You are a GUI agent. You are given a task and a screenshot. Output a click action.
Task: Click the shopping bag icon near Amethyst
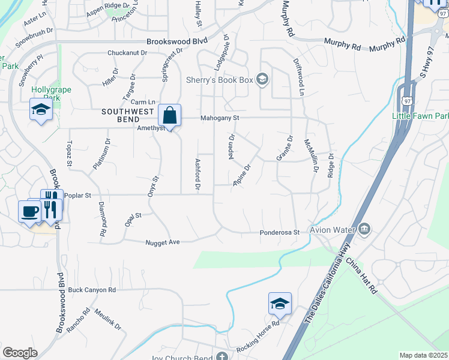point(170,115)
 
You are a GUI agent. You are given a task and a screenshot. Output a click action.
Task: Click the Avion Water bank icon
point(364,229)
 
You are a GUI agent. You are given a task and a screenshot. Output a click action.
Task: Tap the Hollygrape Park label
point(51,94)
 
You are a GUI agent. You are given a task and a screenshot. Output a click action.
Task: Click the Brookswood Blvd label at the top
point(177,41)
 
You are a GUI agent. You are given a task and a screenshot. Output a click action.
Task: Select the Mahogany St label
point(220,118)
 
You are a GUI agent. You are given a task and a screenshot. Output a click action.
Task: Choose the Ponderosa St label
point(279,232)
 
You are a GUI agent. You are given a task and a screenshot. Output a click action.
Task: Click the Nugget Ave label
point(163,242)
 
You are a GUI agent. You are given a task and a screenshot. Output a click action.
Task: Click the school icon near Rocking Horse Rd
point(279,304)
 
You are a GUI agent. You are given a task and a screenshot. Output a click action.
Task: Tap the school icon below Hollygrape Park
point(40,109)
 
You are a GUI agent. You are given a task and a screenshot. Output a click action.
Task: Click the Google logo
point(20,353)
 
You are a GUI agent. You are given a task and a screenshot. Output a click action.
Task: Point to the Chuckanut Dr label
point(127,53)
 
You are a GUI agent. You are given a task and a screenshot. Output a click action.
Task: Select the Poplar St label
point(79,196)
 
